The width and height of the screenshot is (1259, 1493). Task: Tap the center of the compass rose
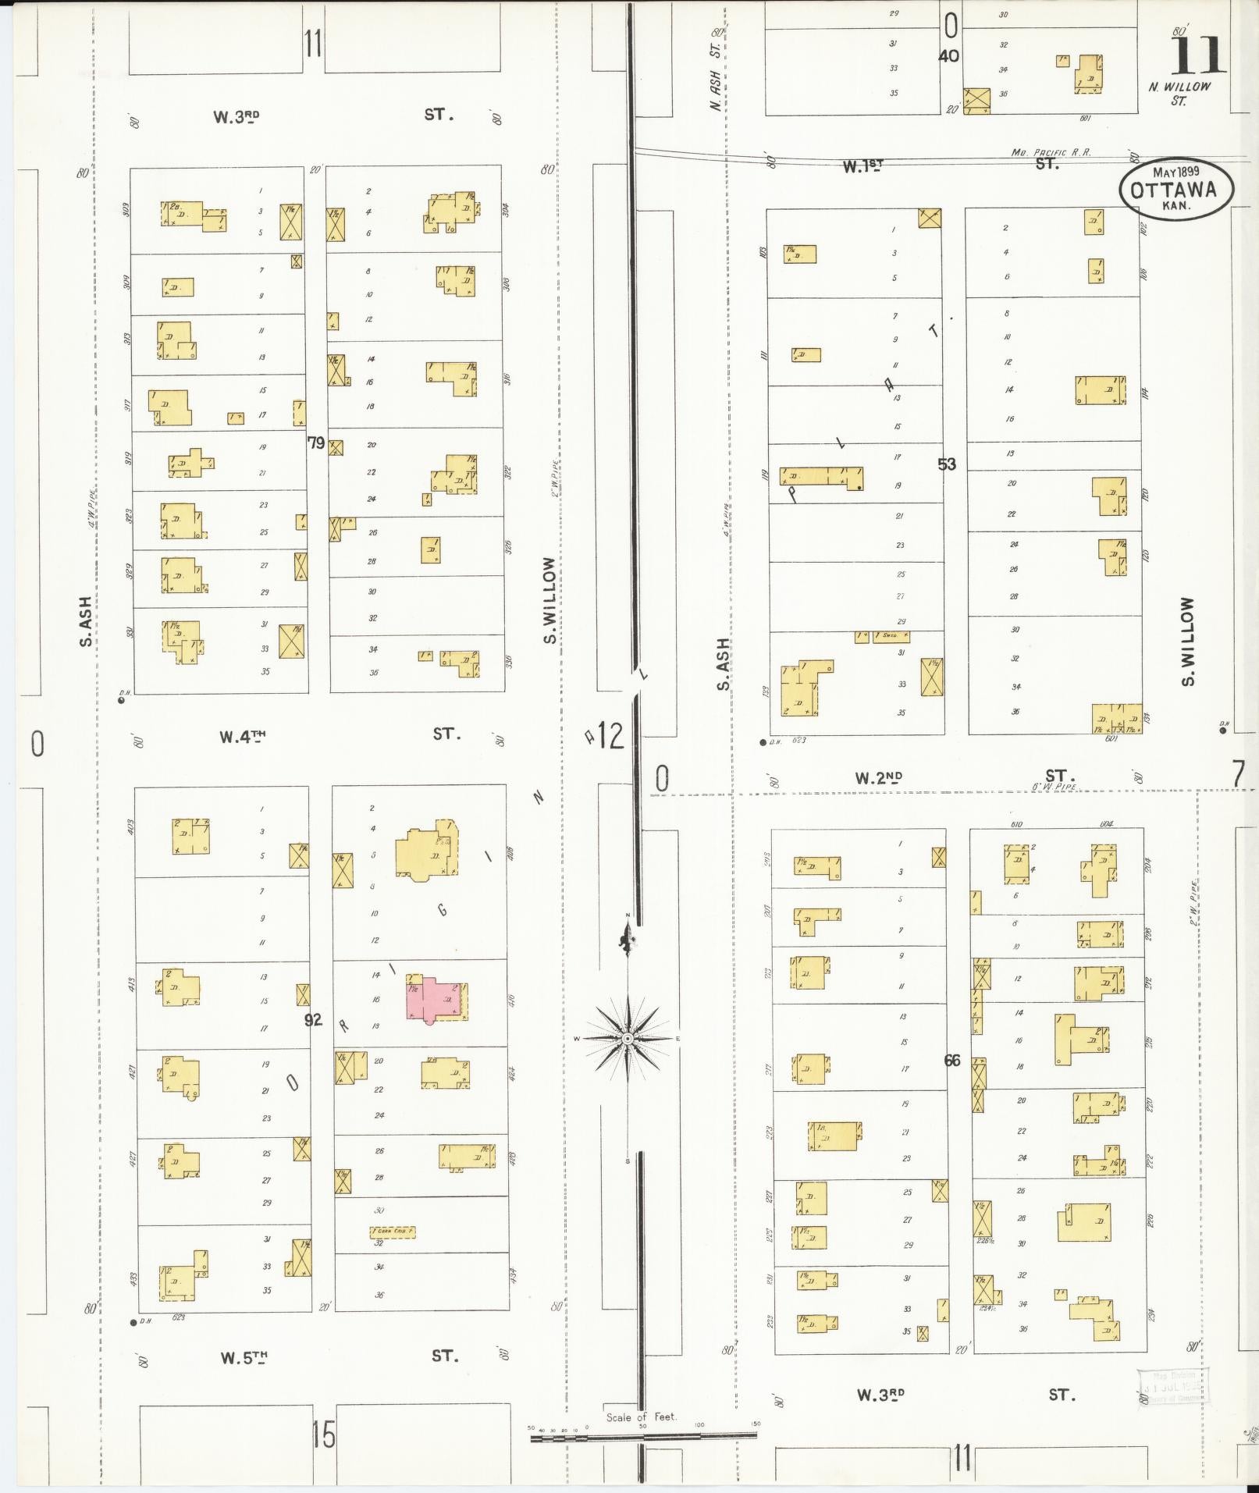point(628,1039)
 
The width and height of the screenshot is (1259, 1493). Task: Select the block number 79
point(315,443)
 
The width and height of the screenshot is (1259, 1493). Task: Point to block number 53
point(946,464)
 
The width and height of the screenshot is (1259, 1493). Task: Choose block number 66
point(952,1061)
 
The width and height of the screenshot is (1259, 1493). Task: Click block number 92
point(313,1019)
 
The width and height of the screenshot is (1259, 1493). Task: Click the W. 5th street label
point(244,1358)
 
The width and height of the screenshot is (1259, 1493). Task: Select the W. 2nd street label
point(878,777)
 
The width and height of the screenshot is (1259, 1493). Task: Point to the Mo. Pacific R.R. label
point(1051,153)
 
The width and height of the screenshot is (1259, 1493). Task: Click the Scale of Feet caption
point(642,1417)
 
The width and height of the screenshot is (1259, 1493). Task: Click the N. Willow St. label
point(1179,93)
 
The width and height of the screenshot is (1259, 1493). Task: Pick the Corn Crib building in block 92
point(393,1232)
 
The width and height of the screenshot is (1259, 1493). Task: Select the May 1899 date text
point(1176,170)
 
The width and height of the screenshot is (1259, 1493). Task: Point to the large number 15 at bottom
point(323,1434)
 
